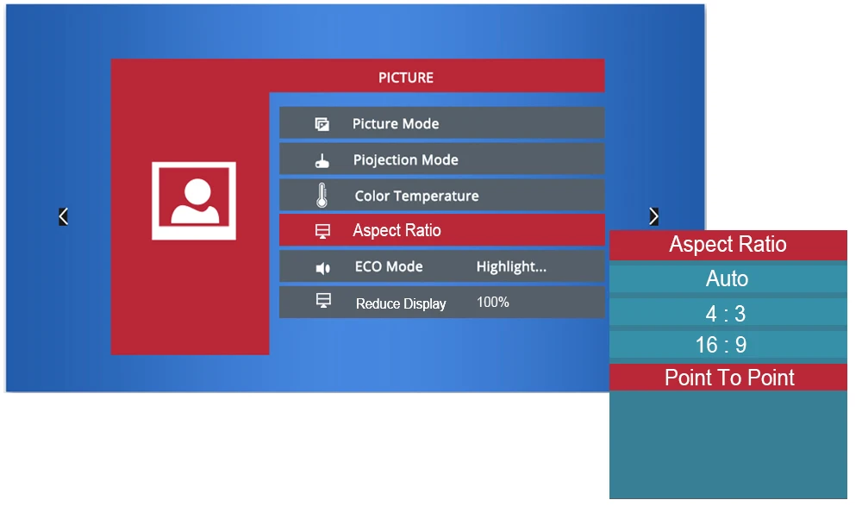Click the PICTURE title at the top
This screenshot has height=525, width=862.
406,78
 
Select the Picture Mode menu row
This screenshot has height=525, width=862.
441,123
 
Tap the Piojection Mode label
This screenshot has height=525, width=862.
405,160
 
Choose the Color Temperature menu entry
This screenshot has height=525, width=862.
441,195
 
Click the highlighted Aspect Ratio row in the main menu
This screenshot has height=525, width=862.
441,230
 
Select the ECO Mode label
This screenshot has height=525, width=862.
389,266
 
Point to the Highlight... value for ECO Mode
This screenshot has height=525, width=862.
511,266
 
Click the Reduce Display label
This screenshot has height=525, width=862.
401,303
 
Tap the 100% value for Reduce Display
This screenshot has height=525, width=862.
492,302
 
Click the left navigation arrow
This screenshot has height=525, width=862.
63,216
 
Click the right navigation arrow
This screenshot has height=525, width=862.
653,216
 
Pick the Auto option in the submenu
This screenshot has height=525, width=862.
728,278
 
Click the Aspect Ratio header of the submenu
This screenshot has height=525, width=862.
728,244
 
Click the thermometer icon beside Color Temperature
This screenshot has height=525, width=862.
322,195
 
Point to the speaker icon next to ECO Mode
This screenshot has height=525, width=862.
322,268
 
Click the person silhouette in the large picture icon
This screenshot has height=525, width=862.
195,202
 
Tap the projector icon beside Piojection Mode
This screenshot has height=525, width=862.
322,161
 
